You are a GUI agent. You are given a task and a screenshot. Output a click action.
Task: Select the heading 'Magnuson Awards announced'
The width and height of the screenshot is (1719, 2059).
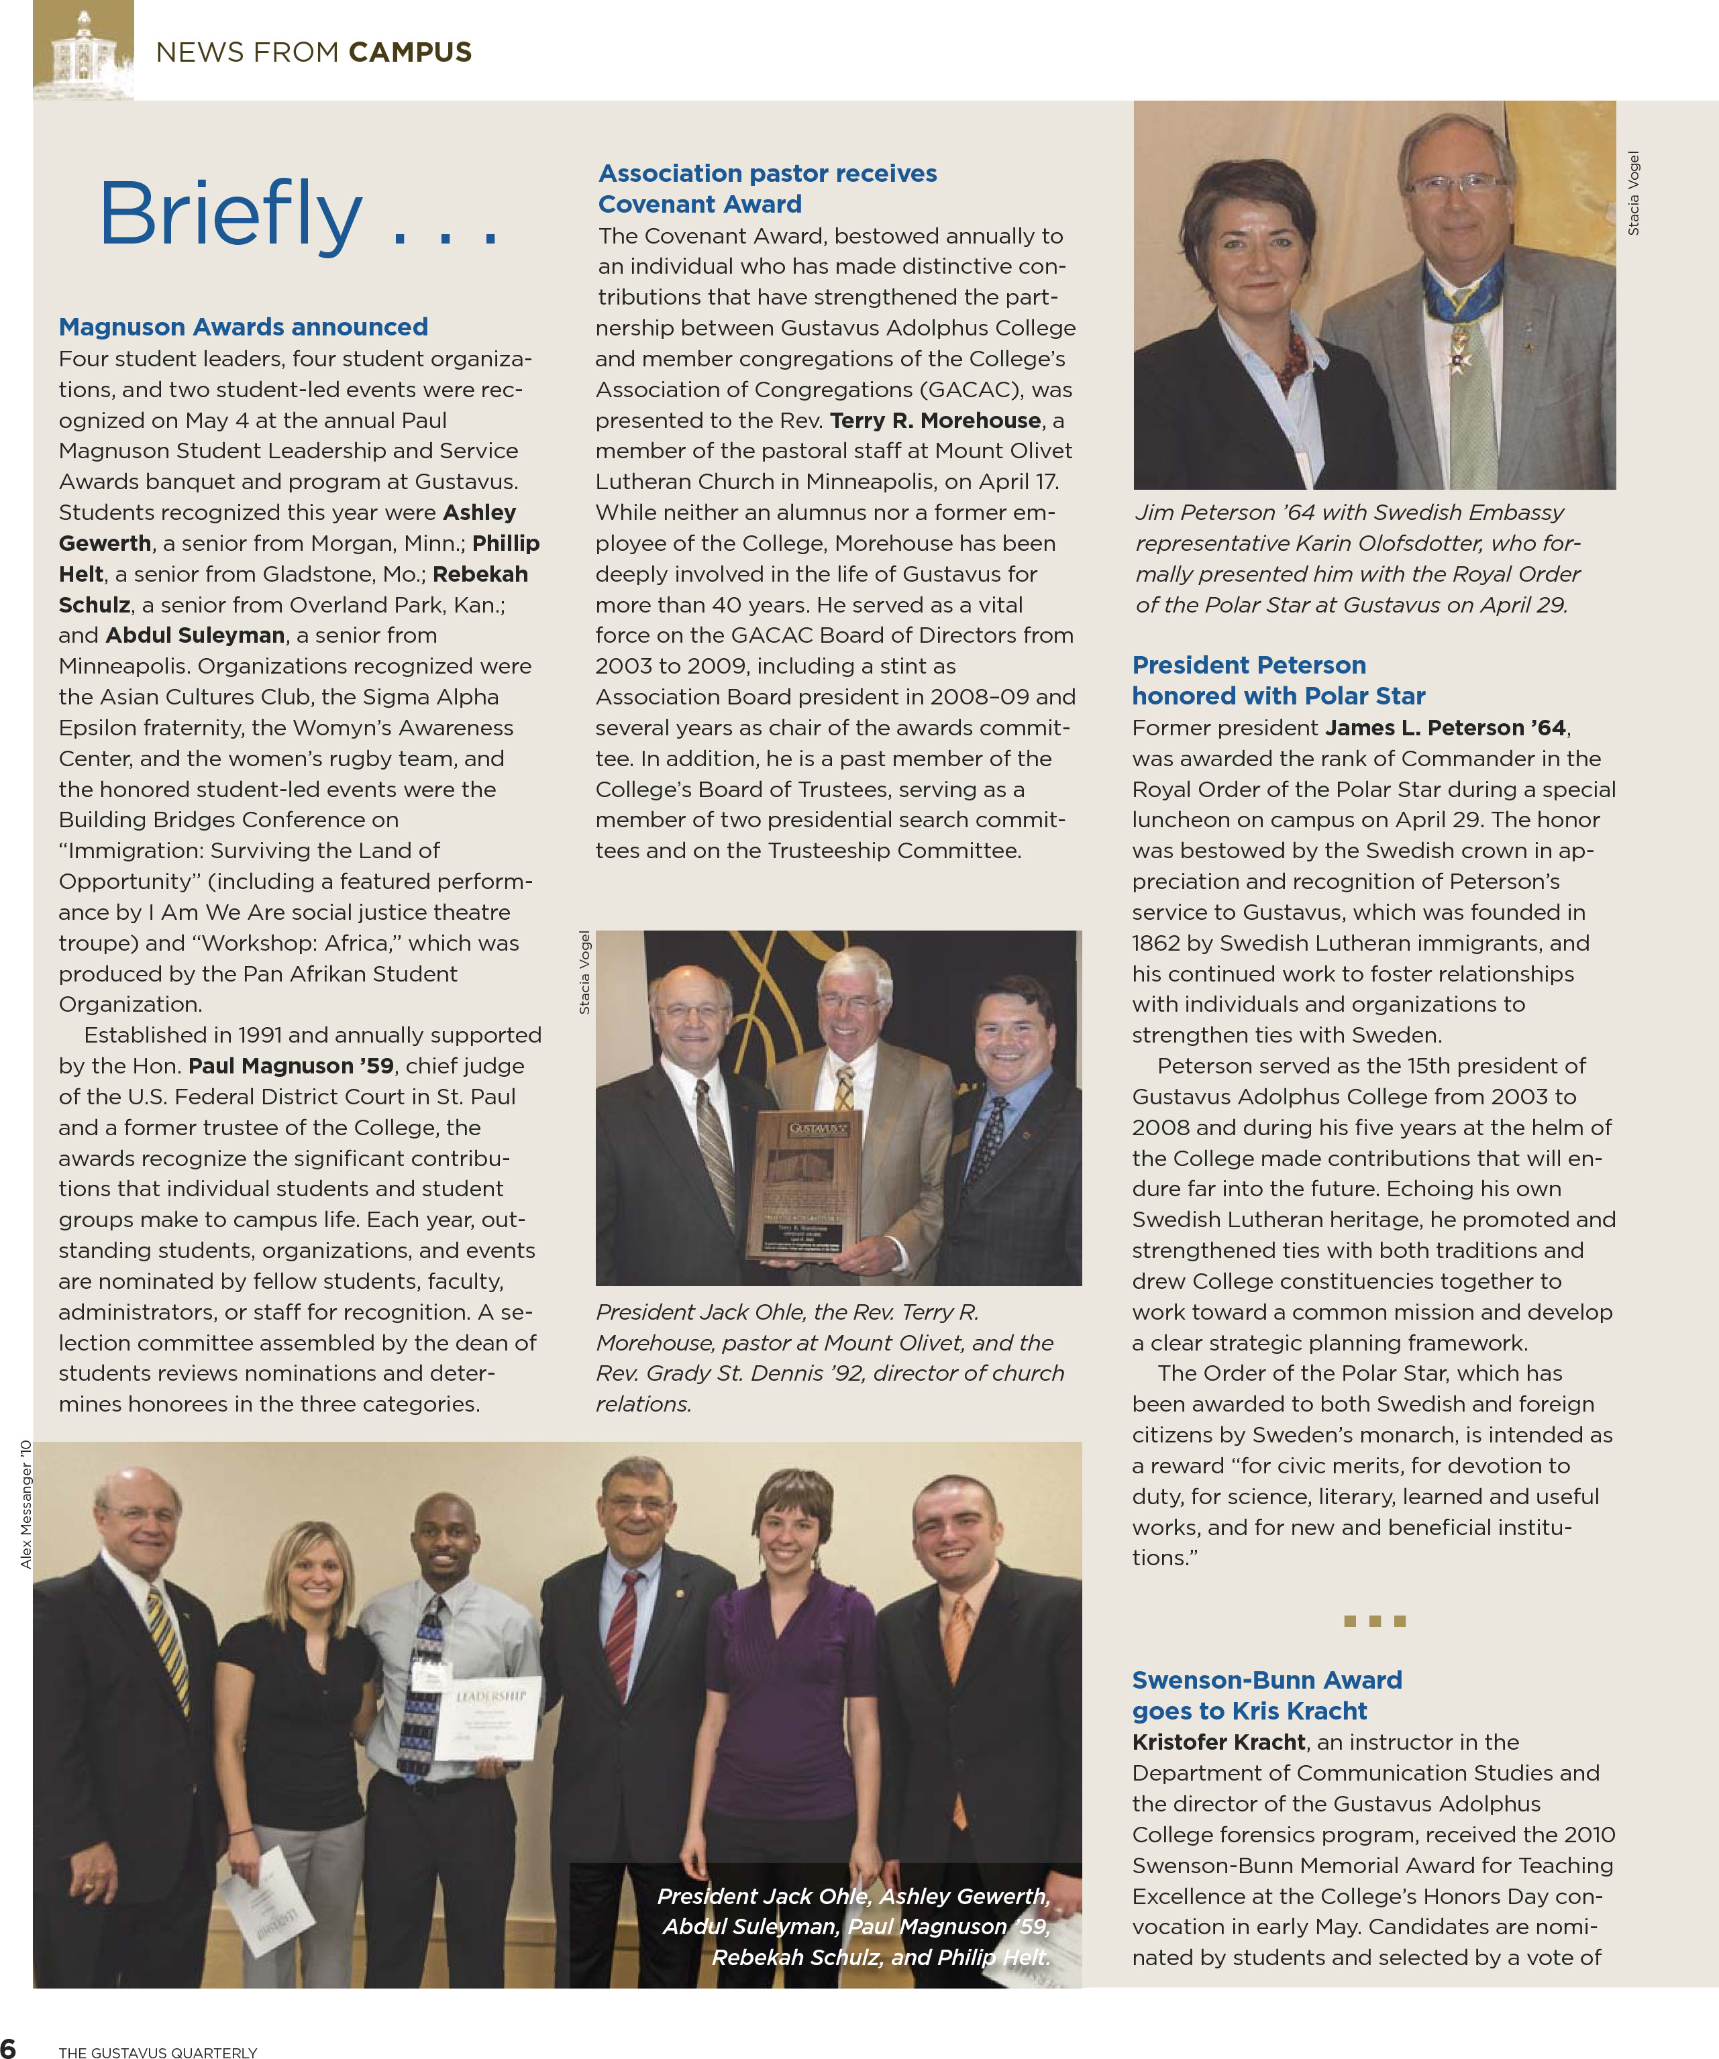(243, 327)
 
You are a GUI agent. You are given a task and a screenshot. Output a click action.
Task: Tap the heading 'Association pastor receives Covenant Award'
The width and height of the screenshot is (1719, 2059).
(767, 189)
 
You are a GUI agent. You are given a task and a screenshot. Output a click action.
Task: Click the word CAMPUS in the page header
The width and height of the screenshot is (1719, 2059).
(410, 52)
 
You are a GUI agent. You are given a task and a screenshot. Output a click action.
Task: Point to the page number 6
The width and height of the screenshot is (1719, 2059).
(9, 2047)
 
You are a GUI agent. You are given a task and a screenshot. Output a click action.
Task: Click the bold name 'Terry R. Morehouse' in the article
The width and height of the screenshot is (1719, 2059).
(935, 421)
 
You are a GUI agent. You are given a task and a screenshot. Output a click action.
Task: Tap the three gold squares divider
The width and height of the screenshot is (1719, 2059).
(1374, 1621)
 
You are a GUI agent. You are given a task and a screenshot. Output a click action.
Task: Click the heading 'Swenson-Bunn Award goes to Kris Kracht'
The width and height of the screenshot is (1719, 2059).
(1266, 1695)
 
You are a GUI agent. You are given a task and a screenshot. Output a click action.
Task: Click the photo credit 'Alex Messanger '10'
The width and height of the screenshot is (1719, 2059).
(26, 1504)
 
